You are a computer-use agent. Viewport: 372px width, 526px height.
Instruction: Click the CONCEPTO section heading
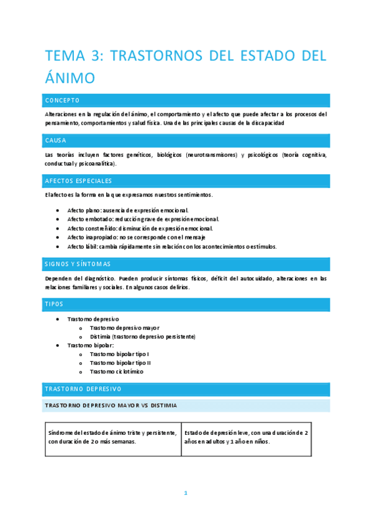click(62, 100)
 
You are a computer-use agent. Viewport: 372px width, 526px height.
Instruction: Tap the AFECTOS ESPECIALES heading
click(78, 181)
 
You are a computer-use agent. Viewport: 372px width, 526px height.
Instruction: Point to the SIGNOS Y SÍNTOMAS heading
click(78, 264)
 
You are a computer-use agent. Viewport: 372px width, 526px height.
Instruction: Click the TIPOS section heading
click(54, 305)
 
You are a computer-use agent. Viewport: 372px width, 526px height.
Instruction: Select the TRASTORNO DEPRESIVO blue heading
click(83, 389)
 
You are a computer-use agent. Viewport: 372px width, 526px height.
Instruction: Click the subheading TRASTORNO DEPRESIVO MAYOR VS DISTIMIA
click(111, 406)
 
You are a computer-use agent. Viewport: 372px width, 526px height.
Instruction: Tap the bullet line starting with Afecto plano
click(128, 211)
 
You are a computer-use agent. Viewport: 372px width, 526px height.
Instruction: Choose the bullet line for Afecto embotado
click(143, 220)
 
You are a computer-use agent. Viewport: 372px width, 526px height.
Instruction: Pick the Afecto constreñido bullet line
click(140, 228)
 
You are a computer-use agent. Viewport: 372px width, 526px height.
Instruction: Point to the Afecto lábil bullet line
click(172, 246)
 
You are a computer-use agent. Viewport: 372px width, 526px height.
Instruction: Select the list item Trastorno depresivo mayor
click(124, 328)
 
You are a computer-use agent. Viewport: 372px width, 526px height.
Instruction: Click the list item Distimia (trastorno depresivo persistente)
click(142, 336)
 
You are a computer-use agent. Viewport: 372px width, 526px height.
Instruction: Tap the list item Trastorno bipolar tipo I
click(119, 354)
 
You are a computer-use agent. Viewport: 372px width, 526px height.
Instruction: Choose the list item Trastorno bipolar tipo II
click(120, 362)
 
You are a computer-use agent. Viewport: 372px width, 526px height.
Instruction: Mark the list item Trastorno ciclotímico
click(116, 372)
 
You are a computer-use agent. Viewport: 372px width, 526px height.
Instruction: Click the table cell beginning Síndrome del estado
click(113, 437)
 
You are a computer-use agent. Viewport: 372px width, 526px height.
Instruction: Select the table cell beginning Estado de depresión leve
click(246, 437)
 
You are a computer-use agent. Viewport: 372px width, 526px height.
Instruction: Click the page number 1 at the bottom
click(185, 493)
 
